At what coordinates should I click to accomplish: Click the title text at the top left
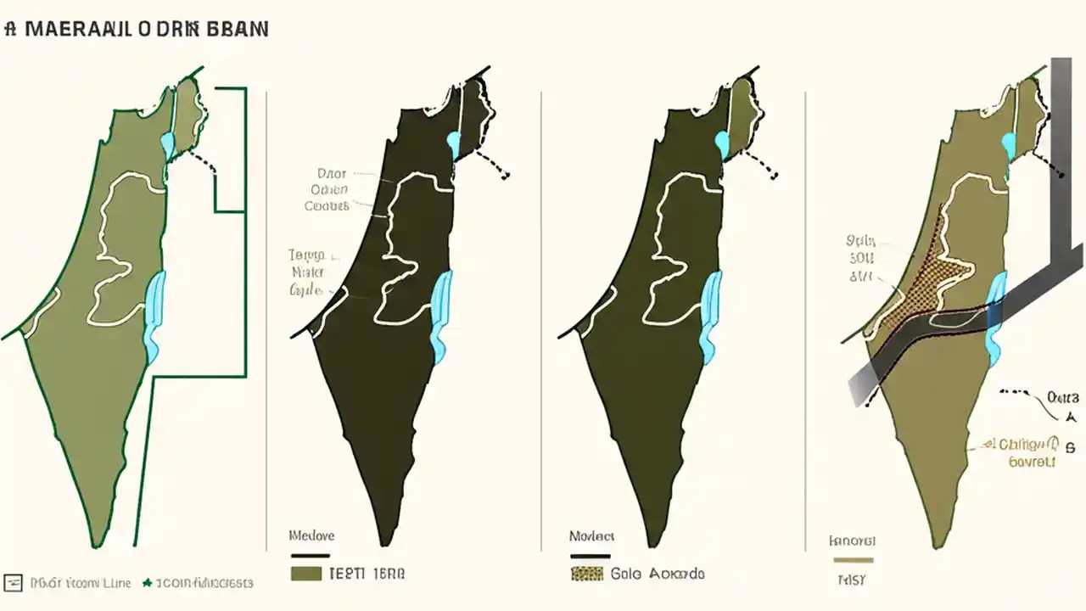click(136, 28)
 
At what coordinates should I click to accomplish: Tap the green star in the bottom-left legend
click(147, 583)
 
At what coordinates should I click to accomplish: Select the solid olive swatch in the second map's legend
click(305, 574)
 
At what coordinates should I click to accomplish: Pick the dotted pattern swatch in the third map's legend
click(585, 574)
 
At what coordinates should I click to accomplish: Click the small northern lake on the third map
click(722, 144)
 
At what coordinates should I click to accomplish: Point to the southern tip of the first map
click(98, 540)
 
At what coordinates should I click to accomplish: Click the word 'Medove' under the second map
click(311, 535)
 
